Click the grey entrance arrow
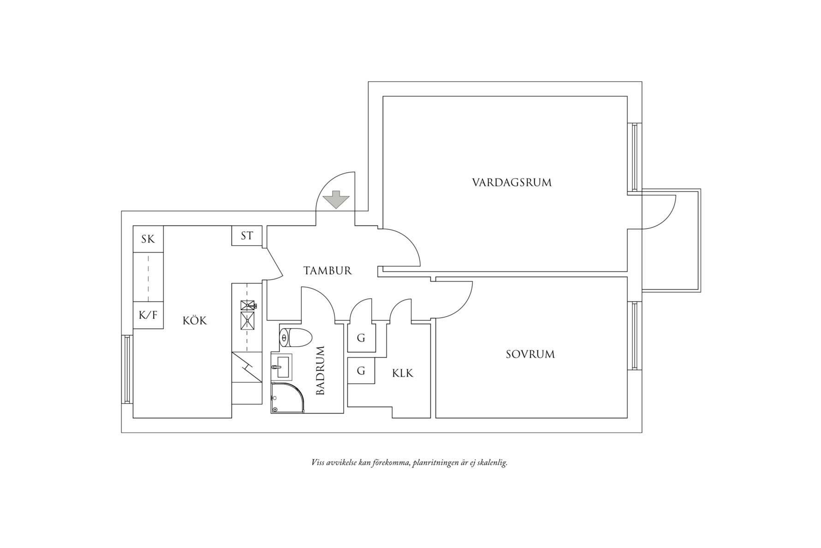tap(336, 199)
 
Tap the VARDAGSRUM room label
tap(512, 182)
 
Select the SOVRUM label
tap(530, 355)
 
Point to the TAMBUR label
tap(327, 271)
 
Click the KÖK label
tap(195, 320)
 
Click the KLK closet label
tap(403, 373)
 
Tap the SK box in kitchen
tap(148, 239)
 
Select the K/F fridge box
tap(148, 315)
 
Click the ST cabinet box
tap(247, 236)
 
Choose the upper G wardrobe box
tap(361, 338)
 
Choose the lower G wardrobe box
tap(361, 371)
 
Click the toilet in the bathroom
tap(295, 338)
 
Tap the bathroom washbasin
tap(281, 367)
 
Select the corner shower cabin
tap(286, 398)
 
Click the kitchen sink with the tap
tap(248, 305)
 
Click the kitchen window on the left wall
tap(127, 369)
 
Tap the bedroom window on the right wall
tap(635, 336)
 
